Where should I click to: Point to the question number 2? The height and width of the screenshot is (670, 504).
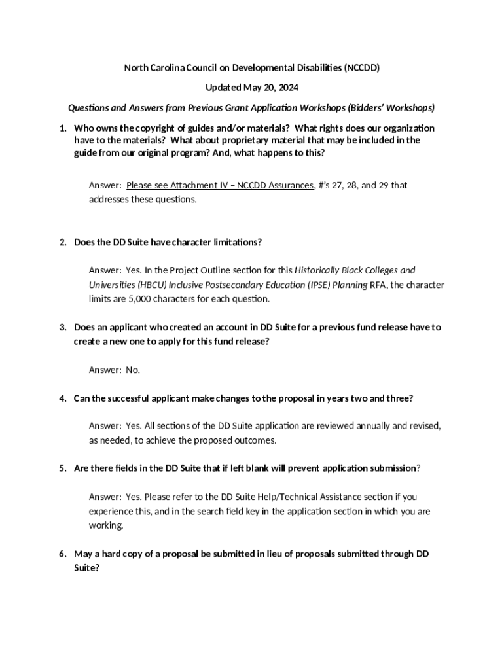[62, 242]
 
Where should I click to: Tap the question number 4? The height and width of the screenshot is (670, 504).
[62, 398]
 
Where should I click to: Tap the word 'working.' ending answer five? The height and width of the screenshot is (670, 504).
[105, 525]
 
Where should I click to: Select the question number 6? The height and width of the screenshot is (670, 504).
[62, 554]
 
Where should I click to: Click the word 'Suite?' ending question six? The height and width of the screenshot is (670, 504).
[86, 568]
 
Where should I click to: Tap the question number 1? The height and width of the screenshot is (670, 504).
[62, 128]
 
